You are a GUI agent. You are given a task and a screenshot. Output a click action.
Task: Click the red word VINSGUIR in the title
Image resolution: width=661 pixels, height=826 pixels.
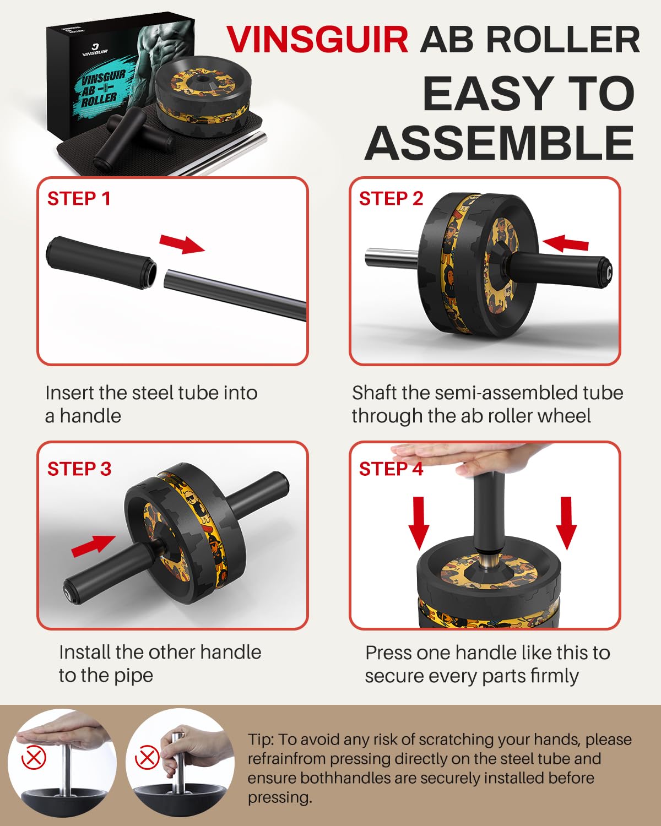pos(317,40)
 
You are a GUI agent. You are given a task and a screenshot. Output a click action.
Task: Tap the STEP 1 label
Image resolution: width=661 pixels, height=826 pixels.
pos(79,198)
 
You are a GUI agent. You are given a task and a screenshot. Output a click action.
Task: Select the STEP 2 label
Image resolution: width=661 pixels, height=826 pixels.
pos(391,198)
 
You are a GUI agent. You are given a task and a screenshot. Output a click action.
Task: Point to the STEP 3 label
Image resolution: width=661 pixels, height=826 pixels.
pos(79,469)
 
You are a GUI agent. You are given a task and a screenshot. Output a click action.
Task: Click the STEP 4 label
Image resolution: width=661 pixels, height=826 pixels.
pos(391,469)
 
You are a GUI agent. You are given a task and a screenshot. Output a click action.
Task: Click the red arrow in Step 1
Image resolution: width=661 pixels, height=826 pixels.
pos(182,243)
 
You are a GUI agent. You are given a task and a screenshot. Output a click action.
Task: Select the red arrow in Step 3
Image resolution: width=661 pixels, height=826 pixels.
pos(94,545)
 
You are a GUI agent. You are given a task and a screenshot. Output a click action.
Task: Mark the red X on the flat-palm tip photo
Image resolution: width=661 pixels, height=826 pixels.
pos(34,758)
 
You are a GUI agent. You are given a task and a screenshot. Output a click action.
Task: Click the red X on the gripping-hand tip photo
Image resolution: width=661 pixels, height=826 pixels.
pos(147,758)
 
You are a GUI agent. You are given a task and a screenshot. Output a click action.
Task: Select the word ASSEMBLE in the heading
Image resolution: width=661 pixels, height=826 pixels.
pos(499,143)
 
